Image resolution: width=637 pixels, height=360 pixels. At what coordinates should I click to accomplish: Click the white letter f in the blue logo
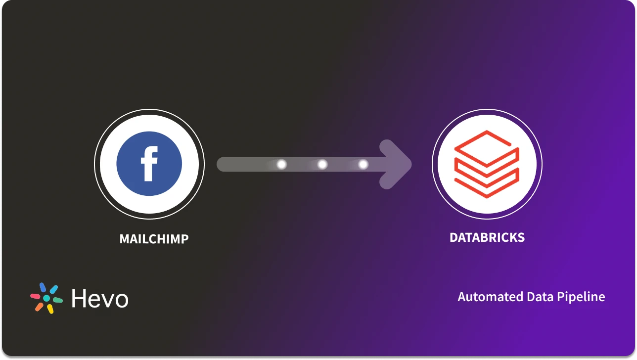(149, 164)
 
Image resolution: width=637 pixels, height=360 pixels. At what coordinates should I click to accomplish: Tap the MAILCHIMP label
(154, 239)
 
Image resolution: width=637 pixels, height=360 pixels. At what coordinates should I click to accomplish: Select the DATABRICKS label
(487, 237)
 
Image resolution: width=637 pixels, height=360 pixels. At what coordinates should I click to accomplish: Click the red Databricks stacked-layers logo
(487, 164)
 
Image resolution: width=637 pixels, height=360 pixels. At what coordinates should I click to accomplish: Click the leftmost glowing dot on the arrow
(281, 164)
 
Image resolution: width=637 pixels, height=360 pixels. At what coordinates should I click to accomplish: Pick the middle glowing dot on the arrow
(322, 164)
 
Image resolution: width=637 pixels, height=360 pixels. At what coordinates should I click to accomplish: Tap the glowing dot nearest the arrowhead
(363, 164)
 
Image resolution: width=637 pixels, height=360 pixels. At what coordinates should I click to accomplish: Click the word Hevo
(99, 299)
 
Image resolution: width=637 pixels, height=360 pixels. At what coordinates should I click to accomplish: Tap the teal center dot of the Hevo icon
(46, 299)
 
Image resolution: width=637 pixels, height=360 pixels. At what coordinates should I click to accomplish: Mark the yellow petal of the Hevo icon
(50, 309)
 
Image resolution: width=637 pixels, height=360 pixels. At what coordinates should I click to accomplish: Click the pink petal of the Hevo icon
(35, 296)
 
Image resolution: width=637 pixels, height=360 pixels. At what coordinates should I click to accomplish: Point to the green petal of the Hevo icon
(58, 300)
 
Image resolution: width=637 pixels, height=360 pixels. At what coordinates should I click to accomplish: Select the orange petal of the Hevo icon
(39, 307)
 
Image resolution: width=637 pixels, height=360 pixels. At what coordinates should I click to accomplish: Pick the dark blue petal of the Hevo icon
(43, 287)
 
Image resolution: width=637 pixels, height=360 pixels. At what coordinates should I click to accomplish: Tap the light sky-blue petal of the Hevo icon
(53, 289)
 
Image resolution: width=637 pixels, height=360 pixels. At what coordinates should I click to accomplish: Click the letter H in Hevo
(80, 299)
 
